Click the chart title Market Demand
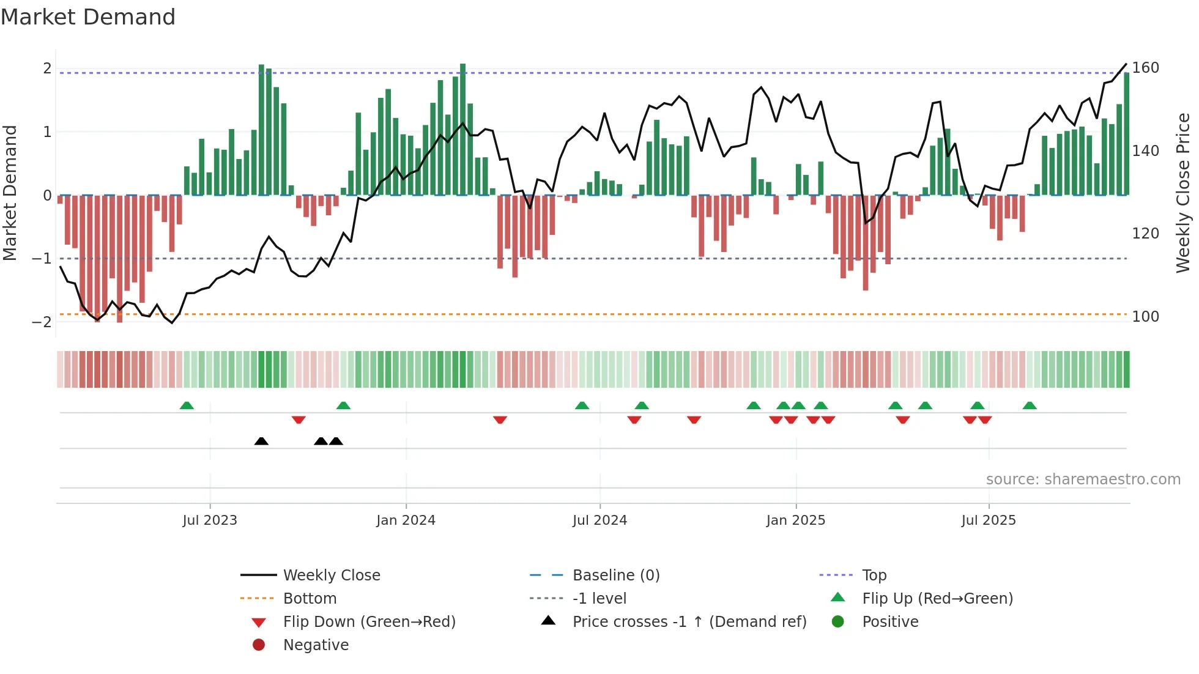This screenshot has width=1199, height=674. pyautogui.click(x=88, y=17)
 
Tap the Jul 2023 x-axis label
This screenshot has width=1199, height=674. pyautogui.click(x=210, y=520)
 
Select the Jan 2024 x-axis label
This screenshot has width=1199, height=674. pyautogui.click(x=406, y=520)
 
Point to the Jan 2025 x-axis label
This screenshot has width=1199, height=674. pyautogui.click(x=795, y=520)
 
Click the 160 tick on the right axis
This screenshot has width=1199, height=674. pyautogui.click(x=1145, y=68)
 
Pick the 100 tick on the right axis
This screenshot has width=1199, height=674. pyautogui.click(x=1145, y=317)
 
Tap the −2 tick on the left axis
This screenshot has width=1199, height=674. pyautogui.click(x=42, y=322)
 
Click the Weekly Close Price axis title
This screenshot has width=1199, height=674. pyautogui.click(x=1183, y=193)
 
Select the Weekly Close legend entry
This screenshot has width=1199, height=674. pyautogui.click(x=331, y=576)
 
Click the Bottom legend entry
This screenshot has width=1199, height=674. pyautogui.click(x=310, y=599)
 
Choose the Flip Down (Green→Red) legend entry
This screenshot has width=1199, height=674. pyautogui.click(x=369, y=622)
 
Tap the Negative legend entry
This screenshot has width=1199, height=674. pyautogui.click(x=316, y=645)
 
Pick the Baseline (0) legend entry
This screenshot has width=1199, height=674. pyautogui.click(x=615, y=576)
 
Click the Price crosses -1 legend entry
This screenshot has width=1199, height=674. pyautogui.click(x=689, y=622)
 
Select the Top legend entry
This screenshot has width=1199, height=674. pyautogui.click(x=874, y=576)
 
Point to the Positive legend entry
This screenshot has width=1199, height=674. pyautogui.click(x=889, y=622)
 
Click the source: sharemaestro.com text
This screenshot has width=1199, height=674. pyautogui.click(x=1083, y=480)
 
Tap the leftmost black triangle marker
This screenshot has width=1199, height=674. pyautogui.click(x=261, y=441)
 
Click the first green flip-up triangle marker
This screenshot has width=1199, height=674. pyautogui.click(x=187, y=406)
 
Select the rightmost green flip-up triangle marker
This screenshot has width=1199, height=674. pyautogui.click(x=1030, y=406)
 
